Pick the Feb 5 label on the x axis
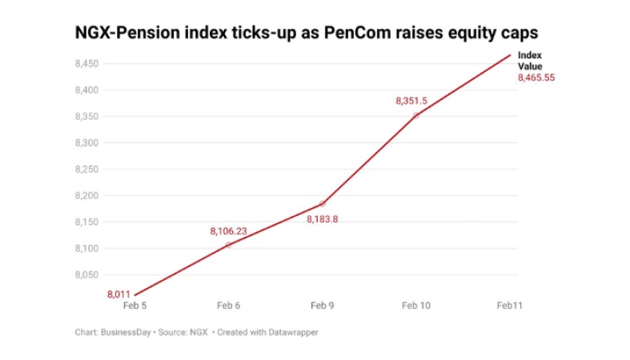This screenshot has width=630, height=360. (134, 306)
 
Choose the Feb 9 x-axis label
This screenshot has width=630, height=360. (322, 306)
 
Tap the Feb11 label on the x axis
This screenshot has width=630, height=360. (510, 306)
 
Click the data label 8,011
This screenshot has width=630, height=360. (118, 294)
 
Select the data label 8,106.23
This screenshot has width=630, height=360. (228, 231)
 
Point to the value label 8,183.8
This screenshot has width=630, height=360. (322, 219)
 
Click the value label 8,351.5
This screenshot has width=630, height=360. (411, 101)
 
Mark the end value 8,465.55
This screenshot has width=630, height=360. (536, 78)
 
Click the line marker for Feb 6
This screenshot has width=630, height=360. (228, 244)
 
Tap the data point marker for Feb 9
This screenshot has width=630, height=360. (322, 204)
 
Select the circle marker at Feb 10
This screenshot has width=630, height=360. (416, 115)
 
